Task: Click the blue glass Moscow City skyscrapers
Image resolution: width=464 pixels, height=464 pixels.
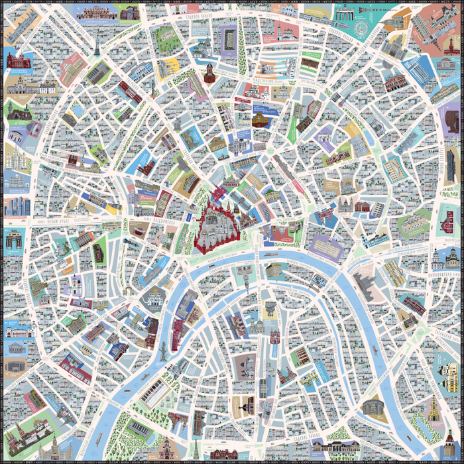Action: pos(12,206)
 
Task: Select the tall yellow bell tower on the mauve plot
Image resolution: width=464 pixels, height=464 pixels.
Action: pos(435,404)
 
